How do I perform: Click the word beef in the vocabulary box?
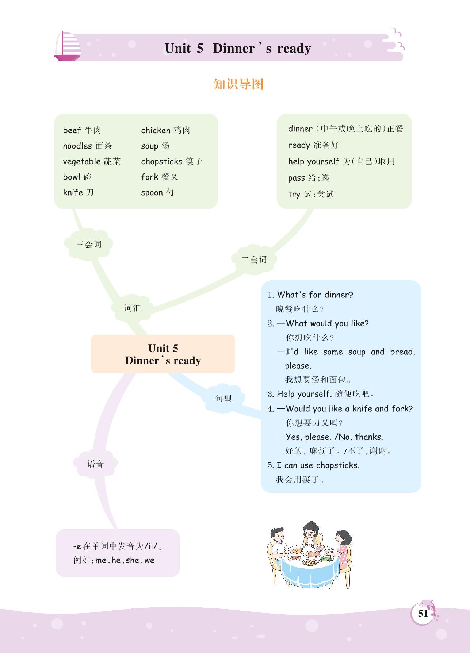click(72, 130)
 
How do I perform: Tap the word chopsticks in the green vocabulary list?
click(161, 161)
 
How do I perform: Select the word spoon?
click(152, 192)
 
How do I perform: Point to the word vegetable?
click(82, 161)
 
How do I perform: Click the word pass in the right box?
click(296, 178)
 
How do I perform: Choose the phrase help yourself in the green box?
click(314, 161)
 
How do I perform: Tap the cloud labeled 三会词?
click(88, 245)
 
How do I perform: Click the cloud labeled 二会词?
click(254, 260)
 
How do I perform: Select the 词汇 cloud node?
click(132, 308)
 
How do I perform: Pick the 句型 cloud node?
click(223, 399)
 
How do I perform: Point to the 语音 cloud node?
click(95, 464)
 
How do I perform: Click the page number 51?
click(423, 613)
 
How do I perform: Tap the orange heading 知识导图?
click(238, 84)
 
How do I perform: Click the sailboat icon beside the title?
click(68, 46)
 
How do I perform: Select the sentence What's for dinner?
click(315, 295)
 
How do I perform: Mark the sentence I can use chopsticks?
click(318, 465)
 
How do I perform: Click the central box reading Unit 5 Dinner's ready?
click(163, 354)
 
